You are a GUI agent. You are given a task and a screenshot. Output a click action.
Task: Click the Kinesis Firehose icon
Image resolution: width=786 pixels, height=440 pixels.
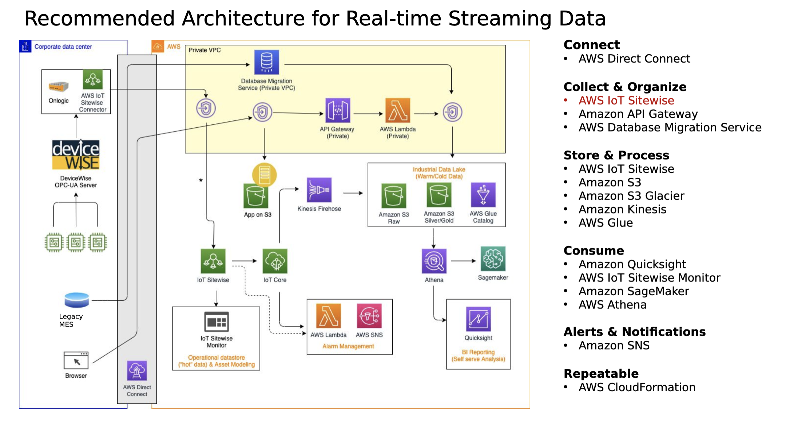click(x=319, y=190)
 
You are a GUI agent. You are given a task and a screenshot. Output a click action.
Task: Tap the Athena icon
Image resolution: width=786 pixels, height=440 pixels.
click(x=434, y=261)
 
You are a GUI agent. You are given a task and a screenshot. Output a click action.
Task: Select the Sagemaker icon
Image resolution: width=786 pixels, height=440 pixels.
click(x=493, y=259)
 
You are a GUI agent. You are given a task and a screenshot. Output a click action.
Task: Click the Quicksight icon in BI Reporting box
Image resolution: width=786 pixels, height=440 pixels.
click(x=479, y=319)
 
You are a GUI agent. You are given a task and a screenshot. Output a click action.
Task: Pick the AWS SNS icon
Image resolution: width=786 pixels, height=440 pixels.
click(x=369, y=316)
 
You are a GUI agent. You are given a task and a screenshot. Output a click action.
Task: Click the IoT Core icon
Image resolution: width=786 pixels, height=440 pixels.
click(x=275, y=261)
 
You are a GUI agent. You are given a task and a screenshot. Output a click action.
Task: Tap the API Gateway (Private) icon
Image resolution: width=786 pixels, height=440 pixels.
click(x=338, y=110)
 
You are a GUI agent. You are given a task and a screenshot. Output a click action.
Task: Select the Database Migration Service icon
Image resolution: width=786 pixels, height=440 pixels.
click(x=267, y=62)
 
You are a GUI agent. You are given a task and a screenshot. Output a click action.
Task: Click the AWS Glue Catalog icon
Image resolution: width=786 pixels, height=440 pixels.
click(x=483, y=195)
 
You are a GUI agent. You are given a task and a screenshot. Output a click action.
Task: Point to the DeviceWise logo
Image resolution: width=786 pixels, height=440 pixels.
click(x=76, y=155)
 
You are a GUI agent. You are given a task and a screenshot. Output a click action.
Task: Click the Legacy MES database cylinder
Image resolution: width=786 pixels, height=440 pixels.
click(x=77, y=300)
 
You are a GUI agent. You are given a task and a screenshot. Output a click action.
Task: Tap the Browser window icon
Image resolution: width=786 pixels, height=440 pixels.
click(x=76, y=360)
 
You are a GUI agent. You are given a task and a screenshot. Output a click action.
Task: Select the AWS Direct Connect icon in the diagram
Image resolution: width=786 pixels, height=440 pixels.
click(x=137, y=371)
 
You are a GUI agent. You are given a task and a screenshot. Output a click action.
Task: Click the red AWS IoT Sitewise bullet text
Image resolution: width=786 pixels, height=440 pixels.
click(x=626, y=100)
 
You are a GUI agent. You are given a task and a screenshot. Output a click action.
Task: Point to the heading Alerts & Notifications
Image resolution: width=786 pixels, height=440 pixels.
click(x=635, y=332)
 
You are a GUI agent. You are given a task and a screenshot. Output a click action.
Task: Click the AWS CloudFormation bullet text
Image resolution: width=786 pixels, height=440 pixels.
click(x=637, y=387)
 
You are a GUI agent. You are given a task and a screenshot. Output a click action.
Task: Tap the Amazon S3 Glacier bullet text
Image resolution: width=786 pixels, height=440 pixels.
click(x=631, y=196)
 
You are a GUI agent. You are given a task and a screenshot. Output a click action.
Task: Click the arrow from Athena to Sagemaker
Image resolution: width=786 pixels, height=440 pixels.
click(x=464, y=261)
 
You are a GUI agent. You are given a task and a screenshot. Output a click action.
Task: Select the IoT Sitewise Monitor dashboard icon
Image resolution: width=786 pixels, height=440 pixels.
click(x=217, y=322)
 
